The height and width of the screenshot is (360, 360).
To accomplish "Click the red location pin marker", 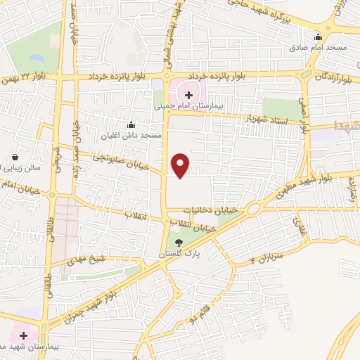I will pos(181,164).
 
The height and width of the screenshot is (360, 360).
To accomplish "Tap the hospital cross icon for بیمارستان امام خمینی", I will pos(188,94).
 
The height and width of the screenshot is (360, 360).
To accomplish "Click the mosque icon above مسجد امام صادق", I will pos(319,37).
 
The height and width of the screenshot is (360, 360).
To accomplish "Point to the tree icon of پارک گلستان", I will pos(179,241).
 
